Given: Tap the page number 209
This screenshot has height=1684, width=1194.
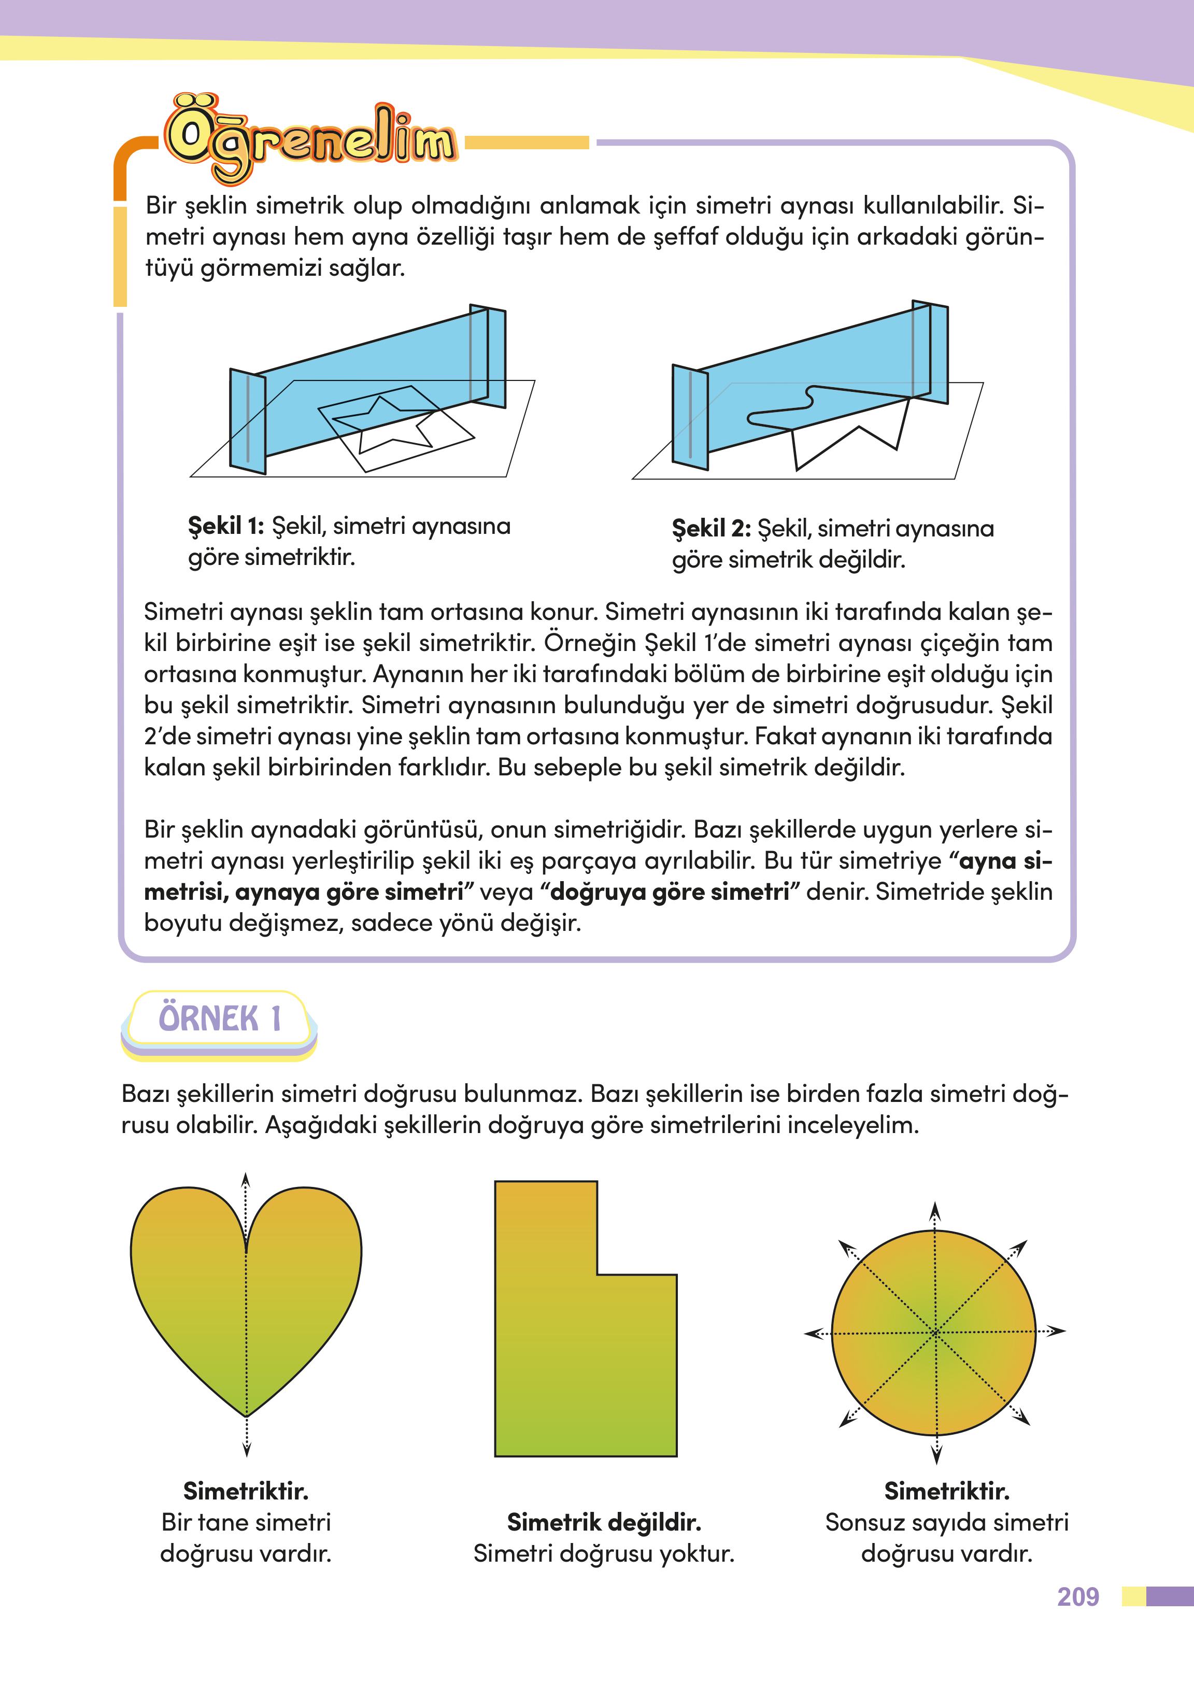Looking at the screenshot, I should tap(1078, 1596).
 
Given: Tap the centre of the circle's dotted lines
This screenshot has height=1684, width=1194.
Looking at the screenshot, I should tap(934, 1332).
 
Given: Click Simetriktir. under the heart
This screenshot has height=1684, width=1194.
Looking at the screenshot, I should tap(246, 1491).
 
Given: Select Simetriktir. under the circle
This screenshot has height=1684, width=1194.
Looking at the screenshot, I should tap(946, 1491).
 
